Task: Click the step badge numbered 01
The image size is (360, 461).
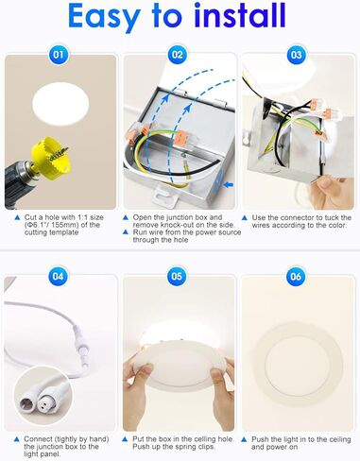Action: click(59, 56)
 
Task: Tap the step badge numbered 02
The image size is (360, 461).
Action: click(177, 56)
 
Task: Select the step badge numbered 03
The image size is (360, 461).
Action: click(296, 56)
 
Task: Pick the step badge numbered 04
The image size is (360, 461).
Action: click(59, 277)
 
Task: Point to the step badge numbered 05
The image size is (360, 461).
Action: click(177, 277)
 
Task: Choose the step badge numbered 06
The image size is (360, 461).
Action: click(296, 277)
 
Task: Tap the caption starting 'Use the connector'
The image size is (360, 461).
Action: click(301, 223)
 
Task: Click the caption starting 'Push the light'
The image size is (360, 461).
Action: click(301, 443)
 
